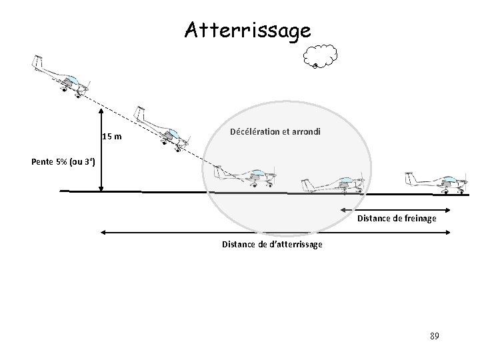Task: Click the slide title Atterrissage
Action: point(247,30)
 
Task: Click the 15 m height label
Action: point(112,137)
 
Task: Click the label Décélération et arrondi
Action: point(275,131)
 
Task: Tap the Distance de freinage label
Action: point(397,218)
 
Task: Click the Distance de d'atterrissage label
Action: point(272,245)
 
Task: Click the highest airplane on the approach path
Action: point(63,77)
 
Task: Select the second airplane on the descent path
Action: point(163,129)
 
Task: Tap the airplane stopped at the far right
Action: point(437,183)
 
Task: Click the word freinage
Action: point(421,218)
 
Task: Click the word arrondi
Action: point(305,131)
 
